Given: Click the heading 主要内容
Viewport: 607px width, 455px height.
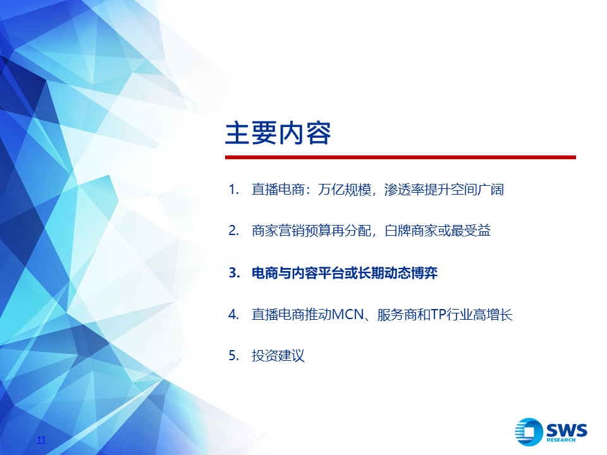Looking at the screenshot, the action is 278,133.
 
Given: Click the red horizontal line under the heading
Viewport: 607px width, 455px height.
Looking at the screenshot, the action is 400,157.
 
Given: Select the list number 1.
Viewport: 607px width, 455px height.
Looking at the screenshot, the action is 233,190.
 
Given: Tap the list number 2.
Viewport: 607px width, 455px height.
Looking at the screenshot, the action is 233,231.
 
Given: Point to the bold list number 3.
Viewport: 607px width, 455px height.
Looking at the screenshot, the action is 234,273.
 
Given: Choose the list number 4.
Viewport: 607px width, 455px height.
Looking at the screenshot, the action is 233,314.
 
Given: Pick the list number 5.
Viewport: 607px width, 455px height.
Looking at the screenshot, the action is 233,355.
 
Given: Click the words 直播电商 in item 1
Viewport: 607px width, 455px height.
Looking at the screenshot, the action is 278,190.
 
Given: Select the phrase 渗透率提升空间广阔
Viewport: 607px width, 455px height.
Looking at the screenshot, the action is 444,190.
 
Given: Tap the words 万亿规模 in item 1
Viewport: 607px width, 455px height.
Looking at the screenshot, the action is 344,190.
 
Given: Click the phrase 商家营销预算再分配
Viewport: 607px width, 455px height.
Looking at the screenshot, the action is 311,231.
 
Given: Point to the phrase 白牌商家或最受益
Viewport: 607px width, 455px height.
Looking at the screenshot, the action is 438,231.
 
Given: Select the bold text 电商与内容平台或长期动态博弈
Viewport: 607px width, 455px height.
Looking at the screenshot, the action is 345,273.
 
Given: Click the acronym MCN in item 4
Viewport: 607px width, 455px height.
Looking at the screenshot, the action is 348,314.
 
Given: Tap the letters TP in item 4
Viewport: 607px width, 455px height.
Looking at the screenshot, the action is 438,314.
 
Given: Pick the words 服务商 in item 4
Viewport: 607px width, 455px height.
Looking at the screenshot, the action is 397,314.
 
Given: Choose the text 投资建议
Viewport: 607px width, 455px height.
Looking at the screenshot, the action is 278,355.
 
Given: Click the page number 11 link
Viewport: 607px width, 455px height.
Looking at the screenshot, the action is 41,440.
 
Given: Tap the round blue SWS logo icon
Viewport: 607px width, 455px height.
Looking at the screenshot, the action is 529,432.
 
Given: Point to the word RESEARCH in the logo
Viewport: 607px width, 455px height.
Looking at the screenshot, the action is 561,440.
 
